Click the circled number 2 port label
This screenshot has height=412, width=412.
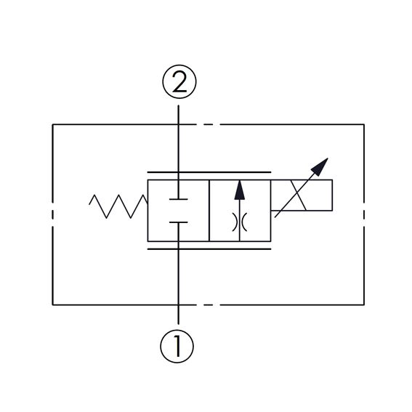pos(179,81)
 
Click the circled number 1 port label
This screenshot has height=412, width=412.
pos(177,346)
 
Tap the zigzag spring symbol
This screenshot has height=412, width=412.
pos(118,206)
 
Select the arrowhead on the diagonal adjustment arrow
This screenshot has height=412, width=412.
pos(320,166)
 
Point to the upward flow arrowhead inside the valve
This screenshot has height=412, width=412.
pos(239,190)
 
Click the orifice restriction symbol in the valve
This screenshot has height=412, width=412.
pos(239,222)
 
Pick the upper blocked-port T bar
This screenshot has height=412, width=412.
pos(179,199)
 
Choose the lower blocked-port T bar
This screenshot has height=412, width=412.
pos(179,222)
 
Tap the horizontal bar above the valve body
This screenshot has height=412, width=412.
pos(209,172)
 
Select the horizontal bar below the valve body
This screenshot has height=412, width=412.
pos(209,249)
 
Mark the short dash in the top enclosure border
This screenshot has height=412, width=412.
pos(208,124)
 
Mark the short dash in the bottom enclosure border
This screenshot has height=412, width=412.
pos(208,304)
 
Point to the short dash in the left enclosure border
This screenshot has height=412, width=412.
pos(53,214)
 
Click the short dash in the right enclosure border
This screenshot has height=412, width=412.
pos(364,214)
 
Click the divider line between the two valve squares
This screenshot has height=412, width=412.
pos(209,211)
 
